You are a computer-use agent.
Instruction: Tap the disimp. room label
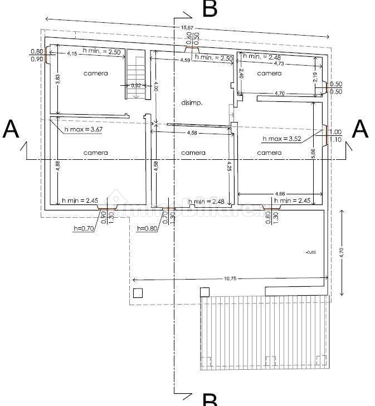[x=192, y=103]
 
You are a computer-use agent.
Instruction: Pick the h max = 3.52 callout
[x=281, y=138]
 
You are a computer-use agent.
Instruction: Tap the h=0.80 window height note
[x=148, y=228]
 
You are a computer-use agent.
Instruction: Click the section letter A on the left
[x=11, y=129]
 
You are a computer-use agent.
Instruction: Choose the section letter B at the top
[x=210, y=9]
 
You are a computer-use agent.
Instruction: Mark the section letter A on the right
[x=361, y=129]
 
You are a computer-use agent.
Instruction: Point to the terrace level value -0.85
[x=311, y=252]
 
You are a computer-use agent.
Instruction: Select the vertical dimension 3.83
[x=57, y=80]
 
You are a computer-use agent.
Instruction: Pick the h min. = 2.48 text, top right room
[x=262, y=57]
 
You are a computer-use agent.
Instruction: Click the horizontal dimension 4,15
[x=72, y=53]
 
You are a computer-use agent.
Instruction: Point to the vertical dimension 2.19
[x=315, y=79]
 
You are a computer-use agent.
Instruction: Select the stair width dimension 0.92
[x=135, y=86]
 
